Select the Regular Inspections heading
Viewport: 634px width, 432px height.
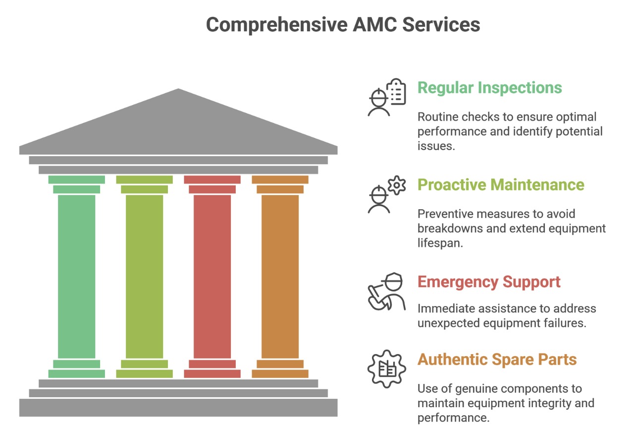489,88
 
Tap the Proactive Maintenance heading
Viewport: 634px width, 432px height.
501,185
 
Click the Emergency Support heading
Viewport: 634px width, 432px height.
489,282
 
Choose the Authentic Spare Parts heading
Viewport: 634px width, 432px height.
497,359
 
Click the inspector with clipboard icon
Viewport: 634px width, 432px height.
386,97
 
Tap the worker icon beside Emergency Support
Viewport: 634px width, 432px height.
386,292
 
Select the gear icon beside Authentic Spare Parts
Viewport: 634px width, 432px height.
386,369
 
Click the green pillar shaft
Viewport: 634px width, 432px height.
76,276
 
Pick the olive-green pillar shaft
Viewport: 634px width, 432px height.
144,276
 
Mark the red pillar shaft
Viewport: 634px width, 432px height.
212,276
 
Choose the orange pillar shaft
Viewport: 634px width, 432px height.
280,276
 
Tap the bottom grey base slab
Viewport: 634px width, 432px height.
178,408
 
